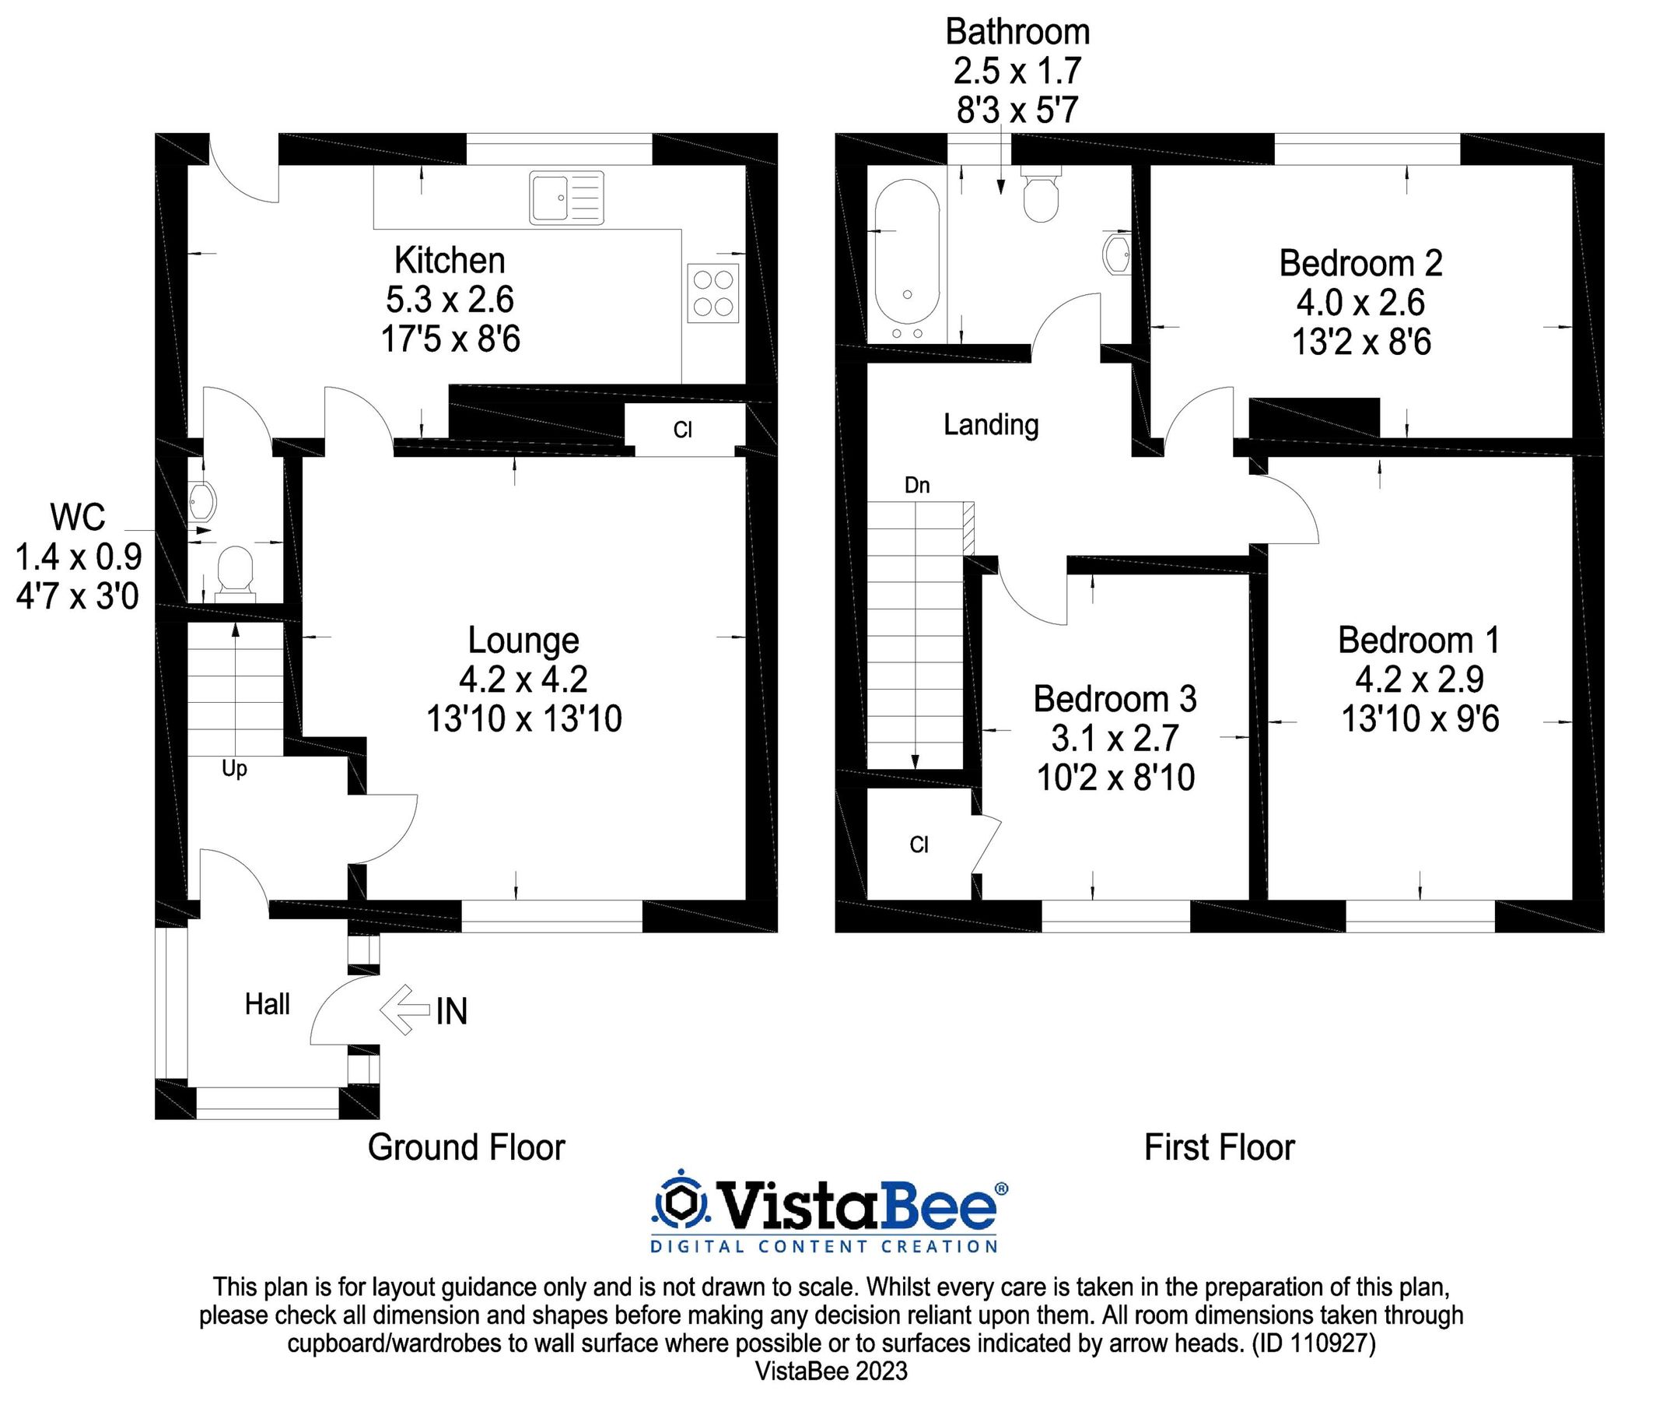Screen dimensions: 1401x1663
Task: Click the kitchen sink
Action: coord(566,198)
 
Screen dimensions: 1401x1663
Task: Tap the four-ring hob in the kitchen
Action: coord(712,293)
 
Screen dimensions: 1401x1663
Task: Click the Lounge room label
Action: coord(523,641)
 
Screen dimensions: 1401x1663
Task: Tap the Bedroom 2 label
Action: coord(1360,264)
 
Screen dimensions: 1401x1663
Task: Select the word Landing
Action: coord(991,425)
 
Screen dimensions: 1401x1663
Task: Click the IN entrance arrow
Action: coord(407,1010)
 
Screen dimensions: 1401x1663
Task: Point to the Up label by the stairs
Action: coord(234,769)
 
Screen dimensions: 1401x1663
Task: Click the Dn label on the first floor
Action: coord(917,485)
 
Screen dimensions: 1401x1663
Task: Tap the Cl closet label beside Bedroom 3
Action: coord(919,845)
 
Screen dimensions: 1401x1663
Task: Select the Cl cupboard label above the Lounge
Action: coord(683,430)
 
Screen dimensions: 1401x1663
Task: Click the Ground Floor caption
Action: coord(466,1147)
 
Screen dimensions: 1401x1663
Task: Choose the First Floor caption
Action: coord(1220,1147)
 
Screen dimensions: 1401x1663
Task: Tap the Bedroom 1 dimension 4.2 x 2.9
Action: coord(1420,679)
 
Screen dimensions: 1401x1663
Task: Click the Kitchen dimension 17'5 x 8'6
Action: coord(450,339)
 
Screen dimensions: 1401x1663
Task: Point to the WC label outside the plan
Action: coord(77,517)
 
